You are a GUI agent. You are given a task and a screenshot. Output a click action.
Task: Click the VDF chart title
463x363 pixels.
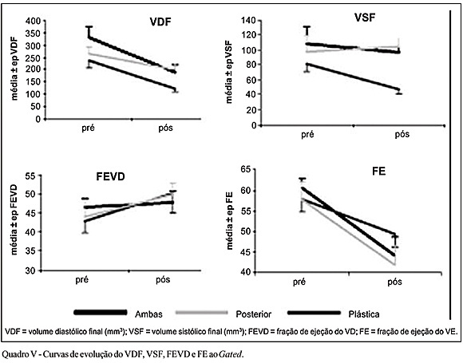coord(160,22)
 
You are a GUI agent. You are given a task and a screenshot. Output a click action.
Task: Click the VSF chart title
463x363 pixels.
coord(365,18)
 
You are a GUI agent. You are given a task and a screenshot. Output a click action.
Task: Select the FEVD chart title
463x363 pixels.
coord(110,176)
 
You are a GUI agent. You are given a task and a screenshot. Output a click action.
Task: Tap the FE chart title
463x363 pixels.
coord(379,172)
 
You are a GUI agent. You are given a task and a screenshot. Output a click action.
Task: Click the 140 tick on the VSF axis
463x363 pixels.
coord(248,21)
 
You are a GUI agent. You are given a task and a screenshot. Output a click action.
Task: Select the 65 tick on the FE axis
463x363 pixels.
coord(245,170)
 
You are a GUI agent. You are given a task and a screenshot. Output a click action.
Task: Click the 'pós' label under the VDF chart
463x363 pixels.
coord(165,128)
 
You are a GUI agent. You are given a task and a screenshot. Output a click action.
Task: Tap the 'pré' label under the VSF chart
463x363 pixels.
coord(307,135)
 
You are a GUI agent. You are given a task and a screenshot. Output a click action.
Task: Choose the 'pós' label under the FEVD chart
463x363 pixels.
coord(163,279)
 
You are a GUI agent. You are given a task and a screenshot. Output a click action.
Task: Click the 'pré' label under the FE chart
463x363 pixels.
coord(299,282)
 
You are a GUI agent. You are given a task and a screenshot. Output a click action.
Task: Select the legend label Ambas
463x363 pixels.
coord(148,314)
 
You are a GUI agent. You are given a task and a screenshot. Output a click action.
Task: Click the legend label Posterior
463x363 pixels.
coord(253,314)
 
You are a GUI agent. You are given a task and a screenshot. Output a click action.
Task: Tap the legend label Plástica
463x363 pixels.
coord(364,314)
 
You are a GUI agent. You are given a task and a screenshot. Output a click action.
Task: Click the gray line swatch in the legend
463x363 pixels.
coord(202,313)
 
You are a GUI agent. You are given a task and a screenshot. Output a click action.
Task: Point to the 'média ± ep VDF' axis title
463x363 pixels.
coord(14,69)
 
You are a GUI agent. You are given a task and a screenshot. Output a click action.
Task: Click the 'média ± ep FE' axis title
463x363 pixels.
coord(229,220)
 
